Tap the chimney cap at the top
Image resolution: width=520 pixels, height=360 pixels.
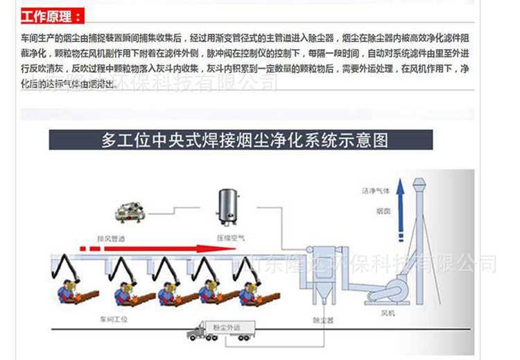417,183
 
